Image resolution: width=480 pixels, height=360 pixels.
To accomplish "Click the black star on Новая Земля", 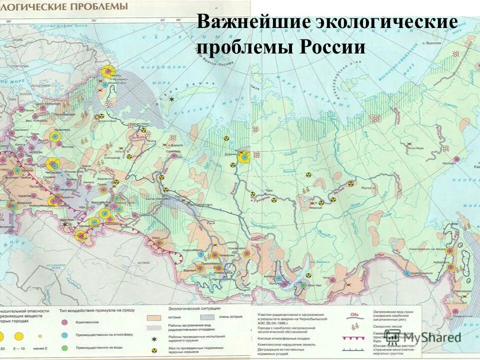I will pyautogui.click(x=172, y=99).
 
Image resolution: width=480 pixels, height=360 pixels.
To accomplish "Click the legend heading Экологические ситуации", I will pyautogui.click(x=192, y=309).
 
